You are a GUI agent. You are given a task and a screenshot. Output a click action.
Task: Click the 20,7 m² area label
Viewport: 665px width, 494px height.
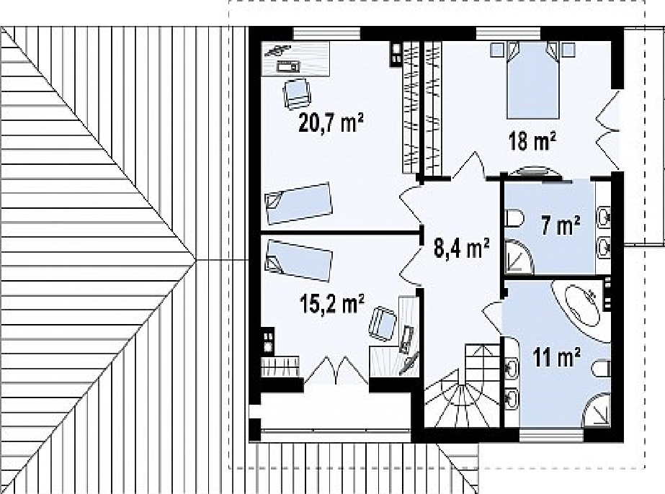[331, 123]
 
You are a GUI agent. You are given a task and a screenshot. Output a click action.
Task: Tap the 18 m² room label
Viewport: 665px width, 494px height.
[532, 141]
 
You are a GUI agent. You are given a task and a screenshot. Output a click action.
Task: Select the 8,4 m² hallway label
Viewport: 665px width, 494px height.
[462, 248]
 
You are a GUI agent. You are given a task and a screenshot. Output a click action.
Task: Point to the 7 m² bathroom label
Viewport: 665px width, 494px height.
[561, 225]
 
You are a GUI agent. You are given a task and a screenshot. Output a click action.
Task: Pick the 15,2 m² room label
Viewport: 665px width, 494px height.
[331, 303]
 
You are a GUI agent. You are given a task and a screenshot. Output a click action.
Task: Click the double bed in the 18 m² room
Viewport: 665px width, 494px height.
[532, 80]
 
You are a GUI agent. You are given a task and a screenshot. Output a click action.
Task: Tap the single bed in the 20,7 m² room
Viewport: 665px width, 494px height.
[298, 203]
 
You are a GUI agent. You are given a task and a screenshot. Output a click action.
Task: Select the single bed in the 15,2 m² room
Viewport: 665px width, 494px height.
[298, 261]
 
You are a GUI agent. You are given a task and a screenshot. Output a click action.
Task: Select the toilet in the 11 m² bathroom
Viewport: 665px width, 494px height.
[602, 369]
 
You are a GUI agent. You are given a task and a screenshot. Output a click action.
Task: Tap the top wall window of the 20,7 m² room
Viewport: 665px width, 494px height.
[326, 33]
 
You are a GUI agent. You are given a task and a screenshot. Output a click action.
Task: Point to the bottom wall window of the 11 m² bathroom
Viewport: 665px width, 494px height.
[551, 436]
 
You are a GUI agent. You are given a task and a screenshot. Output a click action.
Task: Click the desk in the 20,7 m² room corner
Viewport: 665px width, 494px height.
[295, 58]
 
